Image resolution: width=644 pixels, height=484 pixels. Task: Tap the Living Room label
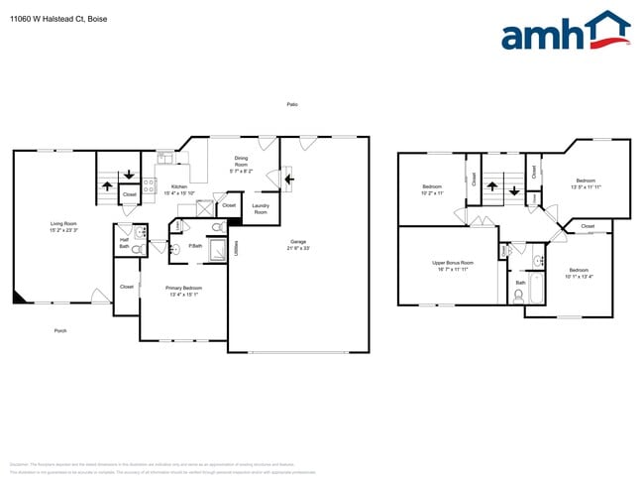click(63, 223)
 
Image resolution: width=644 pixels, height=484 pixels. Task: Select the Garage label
click(297, 241)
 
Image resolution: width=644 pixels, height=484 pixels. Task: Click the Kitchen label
click(178, 186)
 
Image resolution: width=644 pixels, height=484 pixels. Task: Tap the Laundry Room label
click(261, 209)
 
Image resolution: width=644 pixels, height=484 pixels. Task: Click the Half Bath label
click(124, 242)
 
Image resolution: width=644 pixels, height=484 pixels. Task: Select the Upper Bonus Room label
click(453, 263)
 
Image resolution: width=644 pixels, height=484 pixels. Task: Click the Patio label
click(292, 104)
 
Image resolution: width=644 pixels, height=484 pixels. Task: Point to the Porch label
click(60, 330)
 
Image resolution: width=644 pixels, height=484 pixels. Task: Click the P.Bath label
click(197, 245)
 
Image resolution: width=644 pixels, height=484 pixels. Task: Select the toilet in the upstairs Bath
click(518, 295)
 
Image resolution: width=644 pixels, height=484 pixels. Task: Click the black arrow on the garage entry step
click(287, 180)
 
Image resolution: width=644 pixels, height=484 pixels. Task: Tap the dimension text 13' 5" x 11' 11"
click(586, 186)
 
